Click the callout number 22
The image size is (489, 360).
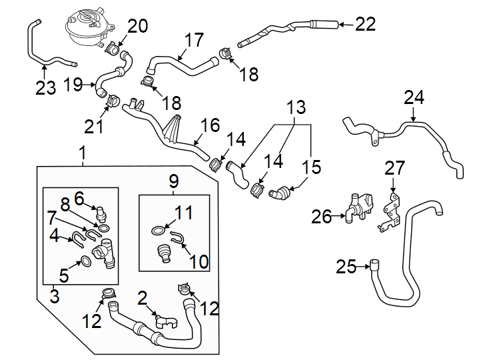pyautogui.click(x=365, y=25)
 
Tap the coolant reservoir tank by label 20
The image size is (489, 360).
pyautogui.click(x=87, y=27)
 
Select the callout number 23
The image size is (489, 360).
pyautogui.click(x=45, y=87)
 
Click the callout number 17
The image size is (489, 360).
pyautogui.click(x=193, y=40)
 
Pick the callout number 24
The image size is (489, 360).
pyautogui.click(x=413, y=98)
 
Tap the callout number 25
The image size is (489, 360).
pyautogui.click(x=346, y=267)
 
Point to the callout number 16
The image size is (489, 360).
pyautogui.click(x=210, y=125)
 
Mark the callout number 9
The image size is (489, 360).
pyautogui.click(x=174, y=181)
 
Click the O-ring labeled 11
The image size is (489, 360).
pyautogui.click(x=157, y=231)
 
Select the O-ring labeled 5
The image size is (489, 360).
pyautogui.click(x=86, y=261)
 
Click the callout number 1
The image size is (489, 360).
pyautogui.click(x=82, y=154)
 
